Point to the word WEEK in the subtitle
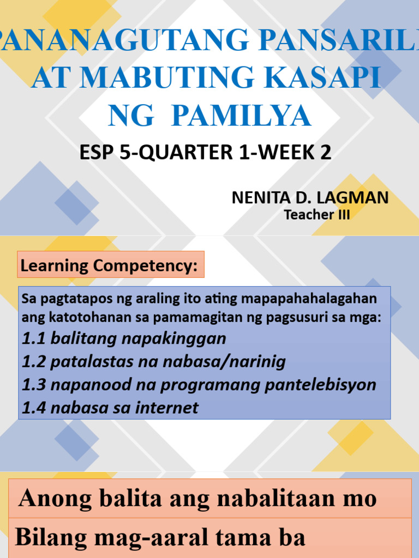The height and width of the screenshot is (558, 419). [287, 153]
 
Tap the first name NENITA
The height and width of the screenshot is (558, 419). [258, 197]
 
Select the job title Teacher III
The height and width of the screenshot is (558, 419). [317, 215]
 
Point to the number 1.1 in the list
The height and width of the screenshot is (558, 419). [34, 338]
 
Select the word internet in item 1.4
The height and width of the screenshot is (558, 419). [166, 407]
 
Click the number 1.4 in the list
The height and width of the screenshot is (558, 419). [34, 407]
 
